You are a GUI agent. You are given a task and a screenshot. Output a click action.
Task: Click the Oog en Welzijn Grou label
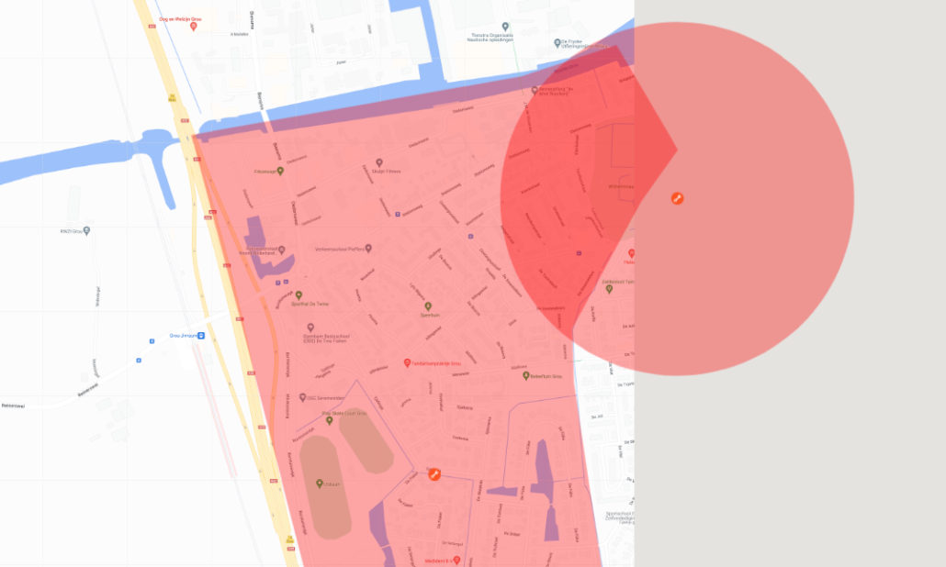coord(180,18)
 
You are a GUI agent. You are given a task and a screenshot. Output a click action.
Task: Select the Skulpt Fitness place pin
coord(378,162)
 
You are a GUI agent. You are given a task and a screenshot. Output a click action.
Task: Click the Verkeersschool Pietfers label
coord(340,248)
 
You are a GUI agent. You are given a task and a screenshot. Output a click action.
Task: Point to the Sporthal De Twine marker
coord(298,295)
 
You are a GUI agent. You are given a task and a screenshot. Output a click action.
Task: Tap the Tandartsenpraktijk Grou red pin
coord(408,363)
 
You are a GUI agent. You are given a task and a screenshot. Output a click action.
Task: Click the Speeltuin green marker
coord(428,306)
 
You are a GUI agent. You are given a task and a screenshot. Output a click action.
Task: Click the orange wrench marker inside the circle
coord(677,198)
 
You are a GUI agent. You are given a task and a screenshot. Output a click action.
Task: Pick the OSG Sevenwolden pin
coord(302,398)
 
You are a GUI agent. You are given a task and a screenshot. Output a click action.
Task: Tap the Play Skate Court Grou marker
coord(330,420)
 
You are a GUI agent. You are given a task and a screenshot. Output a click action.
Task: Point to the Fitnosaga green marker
coord(280,171)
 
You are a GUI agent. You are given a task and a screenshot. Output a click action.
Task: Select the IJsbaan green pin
coord(320,484)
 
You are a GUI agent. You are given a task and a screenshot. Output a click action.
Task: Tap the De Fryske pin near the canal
coord(557,42)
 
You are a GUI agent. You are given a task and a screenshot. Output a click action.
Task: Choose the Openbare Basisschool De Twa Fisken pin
coord(310,328)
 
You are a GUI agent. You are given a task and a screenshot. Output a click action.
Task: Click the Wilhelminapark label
coord(621,186)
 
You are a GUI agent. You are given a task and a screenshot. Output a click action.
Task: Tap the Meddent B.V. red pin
coord(456,560)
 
